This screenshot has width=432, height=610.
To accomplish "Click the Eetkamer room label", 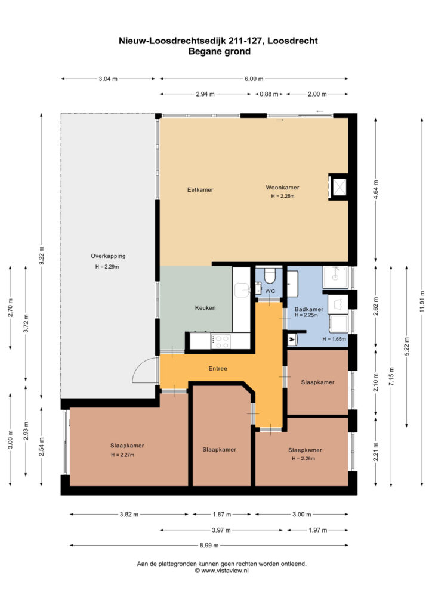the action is pos(200,190).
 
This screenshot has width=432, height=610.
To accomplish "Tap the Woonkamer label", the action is pos(282,188).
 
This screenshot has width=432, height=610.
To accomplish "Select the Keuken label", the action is pos(205,308).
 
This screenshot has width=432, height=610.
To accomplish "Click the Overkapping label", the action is pos(108,256).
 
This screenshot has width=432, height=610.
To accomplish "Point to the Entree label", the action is pos(218,368).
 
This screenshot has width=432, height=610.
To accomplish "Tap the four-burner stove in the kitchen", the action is pos(221,341).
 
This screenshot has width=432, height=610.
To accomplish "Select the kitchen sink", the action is pos(242,290).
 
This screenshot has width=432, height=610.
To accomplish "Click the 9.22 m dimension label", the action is pos(42,256).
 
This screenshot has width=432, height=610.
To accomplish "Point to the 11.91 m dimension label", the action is pos(422,300).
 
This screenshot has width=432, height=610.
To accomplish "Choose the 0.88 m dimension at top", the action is pos(269,94).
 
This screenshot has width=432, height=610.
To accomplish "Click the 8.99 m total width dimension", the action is pos(209,546).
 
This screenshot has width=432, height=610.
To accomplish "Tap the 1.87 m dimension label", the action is pos(221,514).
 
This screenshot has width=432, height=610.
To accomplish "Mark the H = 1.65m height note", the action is pos(334,339).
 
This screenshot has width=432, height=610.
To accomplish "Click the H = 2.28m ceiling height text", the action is pos(283,196).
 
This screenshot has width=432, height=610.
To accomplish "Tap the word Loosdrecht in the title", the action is pos(292,41).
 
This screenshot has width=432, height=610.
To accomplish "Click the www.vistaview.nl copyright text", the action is pos(221,571).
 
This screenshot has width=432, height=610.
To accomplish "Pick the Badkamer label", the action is pos(309,309).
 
